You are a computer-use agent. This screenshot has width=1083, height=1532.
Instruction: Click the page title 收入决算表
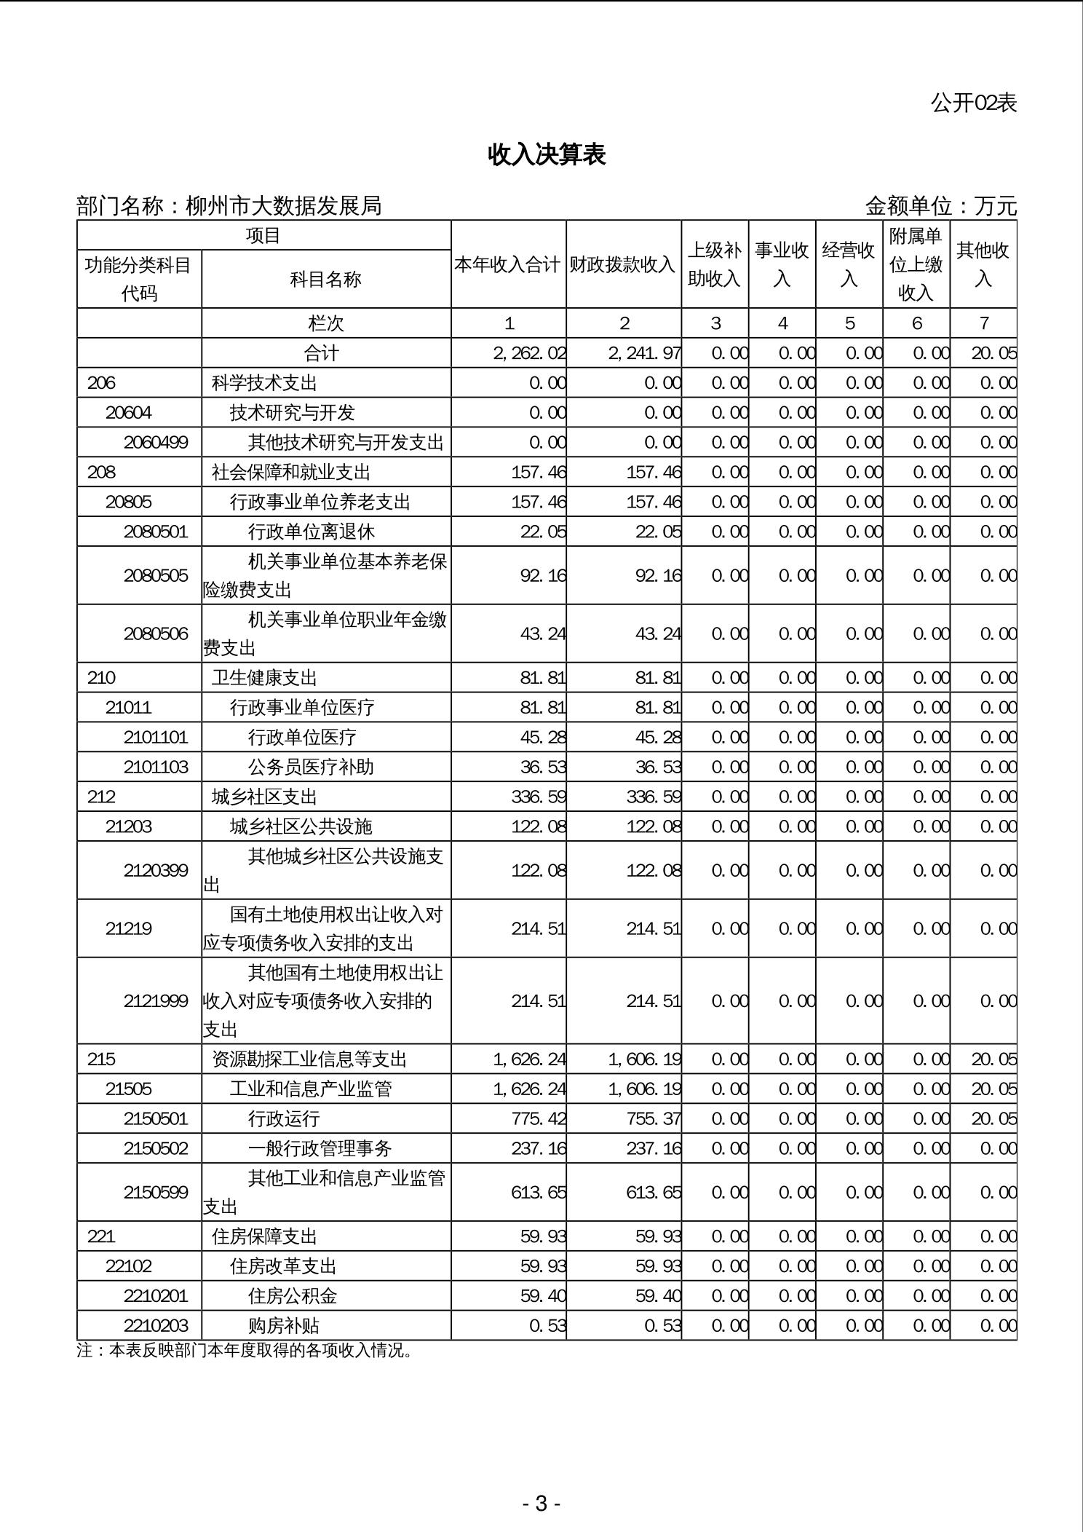pyautogui.click(x=547, y=155)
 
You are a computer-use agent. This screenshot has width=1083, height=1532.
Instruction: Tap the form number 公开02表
pyautogui.click(x=973, y=103)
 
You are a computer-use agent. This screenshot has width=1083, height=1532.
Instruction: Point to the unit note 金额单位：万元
pyautogui.click(x=940, y=206)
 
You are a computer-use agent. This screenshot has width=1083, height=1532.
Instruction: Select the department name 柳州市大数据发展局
pyautogui.click(x=284, y=206)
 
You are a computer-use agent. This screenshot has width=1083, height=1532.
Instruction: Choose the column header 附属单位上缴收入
pyautogui.click(x=916, y=264)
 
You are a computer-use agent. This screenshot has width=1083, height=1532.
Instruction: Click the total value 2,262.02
pyautogui.click(x=529, y=353)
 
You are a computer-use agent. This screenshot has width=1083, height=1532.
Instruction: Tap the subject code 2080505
pyautogui.click(x=156, y=575)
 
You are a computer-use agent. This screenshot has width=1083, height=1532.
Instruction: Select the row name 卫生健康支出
pyautogui.click(x=264, y=678)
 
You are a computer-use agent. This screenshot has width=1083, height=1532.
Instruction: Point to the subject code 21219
pyautogui.click(x=128, y=928)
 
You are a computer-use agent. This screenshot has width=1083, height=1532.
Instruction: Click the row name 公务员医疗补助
pyautogui.click(x=311, y=767)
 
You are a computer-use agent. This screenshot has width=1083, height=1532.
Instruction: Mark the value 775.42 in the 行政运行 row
pyautogui.click(x=539, y=1118)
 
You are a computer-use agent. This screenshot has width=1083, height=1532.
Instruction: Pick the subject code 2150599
pyautogui.click(x=156, y=1192)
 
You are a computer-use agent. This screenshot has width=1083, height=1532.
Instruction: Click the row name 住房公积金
pyautogui.click(x=293, y=1296)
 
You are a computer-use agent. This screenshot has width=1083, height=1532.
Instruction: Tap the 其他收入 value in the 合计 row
pyautogui.click(x=993, y=353)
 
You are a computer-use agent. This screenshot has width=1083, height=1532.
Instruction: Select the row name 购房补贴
pyautogui.click(x=284, y=1326)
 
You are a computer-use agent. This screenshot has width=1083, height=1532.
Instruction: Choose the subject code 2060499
pyautogui.click(x=156, y=442)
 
